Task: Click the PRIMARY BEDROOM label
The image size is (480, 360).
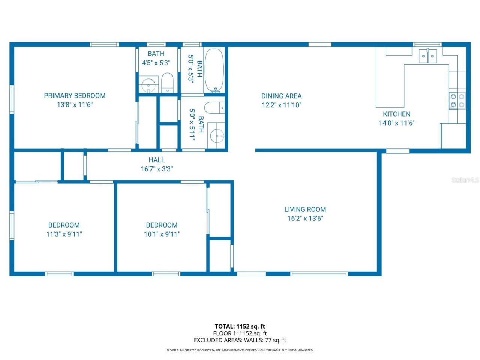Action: tap(75, 96)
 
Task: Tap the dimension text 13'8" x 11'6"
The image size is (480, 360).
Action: tap(75, 105)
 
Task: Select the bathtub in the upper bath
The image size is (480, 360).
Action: tap(214, 70)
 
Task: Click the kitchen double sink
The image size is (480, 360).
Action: tap(428, 56)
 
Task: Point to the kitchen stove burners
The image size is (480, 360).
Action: tap(457, 100)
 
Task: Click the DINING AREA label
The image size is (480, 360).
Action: tap(281, 96)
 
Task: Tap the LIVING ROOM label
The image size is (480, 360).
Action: tap(305, 210)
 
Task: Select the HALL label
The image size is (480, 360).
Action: tap(156, 160)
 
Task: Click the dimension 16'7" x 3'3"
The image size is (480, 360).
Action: tap(156, 169)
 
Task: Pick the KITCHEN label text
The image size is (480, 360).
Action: tap(396, 114)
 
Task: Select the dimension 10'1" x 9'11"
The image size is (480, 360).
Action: tap(162, 234)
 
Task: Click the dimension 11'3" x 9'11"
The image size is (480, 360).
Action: tap(64, 234)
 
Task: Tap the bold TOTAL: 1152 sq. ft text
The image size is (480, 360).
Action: tap(240, 326)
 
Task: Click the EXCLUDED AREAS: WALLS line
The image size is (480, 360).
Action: tap(240, 340)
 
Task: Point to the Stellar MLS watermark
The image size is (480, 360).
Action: tap(465, 180)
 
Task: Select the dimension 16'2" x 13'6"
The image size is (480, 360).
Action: tap(305, 219)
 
